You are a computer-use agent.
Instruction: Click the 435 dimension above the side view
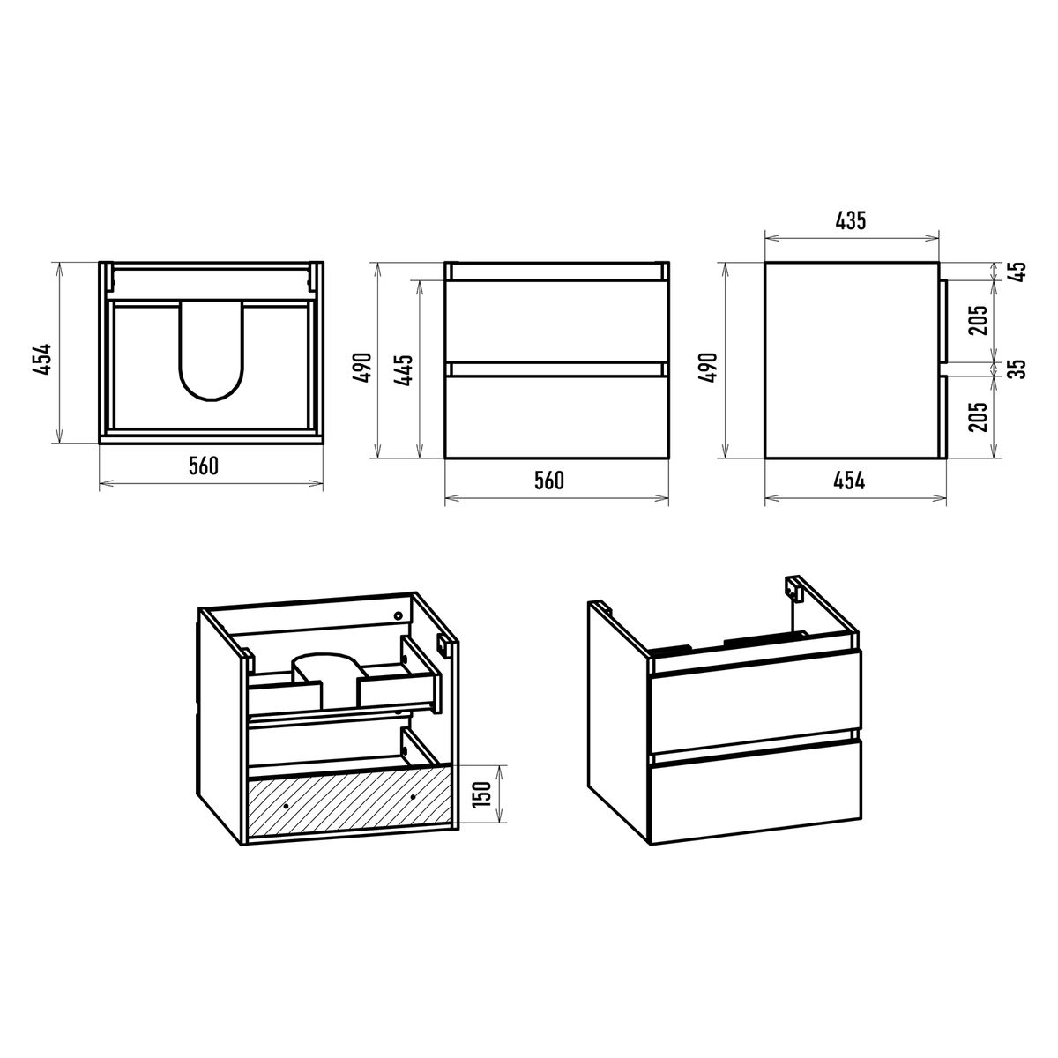click(850, 220)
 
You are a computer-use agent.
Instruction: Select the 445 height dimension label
click(404, 370)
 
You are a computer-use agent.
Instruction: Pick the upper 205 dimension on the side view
click(979, 320)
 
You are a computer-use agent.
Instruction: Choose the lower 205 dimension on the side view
click(979, 417)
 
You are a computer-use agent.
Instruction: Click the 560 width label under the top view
click(203, 466)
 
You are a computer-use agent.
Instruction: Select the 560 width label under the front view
click(549, 481)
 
